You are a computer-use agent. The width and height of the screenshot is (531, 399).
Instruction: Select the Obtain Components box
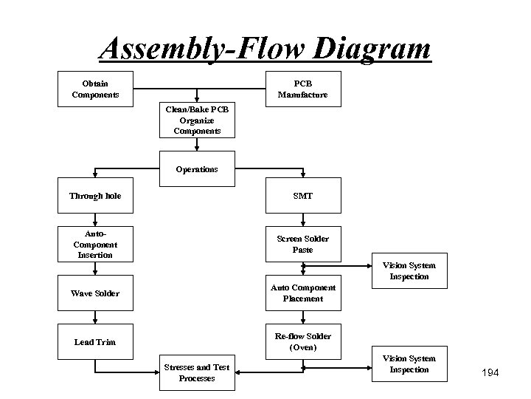(95, 89)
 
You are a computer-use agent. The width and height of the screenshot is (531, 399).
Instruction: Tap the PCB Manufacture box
(302, 89)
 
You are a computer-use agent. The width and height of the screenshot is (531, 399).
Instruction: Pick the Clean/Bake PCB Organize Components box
(197, 120)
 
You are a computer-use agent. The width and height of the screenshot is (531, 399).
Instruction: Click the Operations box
(197, 169)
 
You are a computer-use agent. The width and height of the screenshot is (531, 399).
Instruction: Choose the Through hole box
(95, 196)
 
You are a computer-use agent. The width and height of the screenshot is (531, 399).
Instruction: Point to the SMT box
(302, 196)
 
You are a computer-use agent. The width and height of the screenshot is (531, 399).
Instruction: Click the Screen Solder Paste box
(302, 244)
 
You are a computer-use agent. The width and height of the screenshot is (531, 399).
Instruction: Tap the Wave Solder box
(95, 293)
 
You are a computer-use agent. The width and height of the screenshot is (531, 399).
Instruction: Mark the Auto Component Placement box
(302, 293)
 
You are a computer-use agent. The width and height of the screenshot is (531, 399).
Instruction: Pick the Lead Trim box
(95, 342)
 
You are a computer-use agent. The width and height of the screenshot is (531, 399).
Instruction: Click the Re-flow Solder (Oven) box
(302, 342)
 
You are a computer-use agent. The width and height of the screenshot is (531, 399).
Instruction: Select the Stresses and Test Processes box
(197, 372)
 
